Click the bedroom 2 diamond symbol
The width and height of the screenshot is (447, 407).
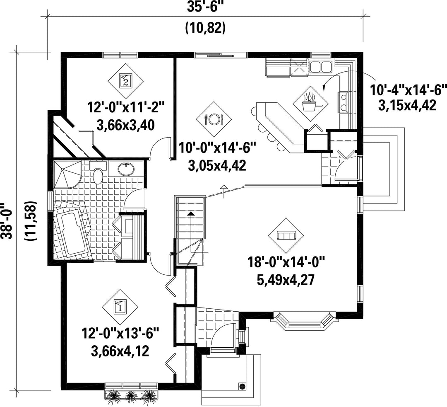click(x=125, y=80)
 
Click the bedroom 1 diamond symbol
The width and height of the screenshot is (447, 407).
click(x=120, y=307)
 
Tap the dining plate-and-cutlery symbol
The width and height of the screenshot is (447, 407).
click(x=214, y=119)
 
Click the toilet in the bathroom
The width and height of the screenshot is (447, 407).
click(x=98, y=175)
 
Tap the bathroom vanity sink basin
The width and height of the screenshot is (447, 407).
click(x=126, y=169)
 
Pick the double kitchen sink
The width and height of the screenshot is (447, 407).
click(x=321, y=67)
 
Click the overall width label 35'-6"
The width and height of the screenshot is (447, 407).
click(x=204, y=6)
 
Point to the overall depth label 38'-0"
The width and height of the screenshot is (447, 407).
click(x=6, y=220)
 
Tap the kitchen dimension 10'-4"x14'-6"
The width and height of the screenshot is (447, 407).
click(x=408, y=90)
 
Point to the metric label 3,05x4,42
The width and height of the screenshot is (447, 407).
click(x=217, y=165)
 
